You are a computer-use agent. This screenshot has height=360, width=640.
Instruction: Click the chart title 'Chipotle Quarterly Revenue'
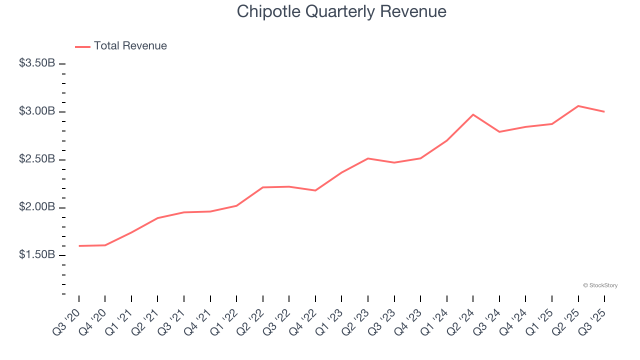(x=341, y=11)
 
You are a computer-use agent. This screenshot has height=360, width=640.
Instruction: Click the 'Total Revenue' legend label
(x=130, y=46)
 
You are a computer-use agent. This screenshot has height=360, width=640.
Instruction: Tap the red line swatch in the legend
(x=82, y=46)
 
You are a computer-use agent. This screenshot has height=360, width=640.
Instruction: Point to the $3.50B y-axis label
(x=37, y=63)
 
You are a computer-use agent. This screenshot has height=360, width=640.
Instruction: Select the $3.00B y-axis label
(x=37, y=111)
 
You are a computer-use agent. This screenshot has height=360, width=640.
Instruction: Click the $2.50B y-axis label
(x=37, y=159)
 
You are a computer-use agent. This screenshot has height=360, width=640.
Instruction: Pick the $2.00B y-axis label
(x=37, y=207)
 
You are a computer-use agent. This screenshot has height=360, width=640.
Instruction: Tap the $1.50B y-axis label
(x=37, y=255)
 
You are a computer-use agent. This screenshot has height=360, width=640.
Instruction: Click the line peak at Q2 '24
(x=473, y=114)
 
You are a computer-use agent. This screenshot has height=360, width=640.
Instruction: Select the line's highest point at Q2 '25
(x=578, y=106)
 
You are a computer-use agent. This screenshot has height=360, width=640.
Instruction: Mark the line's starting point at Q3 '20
(x=79, y=246)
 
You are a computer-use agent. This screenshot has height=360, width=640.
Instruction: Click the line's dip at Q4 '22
(x=315, y=190)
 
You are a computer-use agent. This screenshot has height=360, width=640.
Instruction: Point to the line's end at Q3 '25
(x=604, y=111)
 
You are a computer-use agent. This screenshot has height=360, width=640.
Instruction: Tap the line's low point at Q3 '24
(x=499, y=132)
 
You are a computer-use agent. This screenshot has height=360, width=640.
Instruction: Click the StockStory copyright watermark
(x=600, y=285)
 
